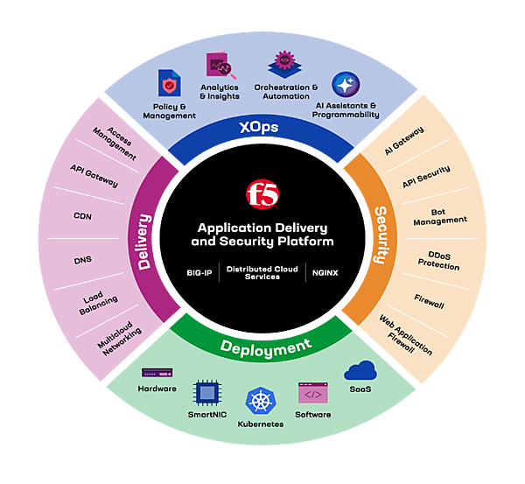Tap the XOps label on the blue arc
coord(259,129)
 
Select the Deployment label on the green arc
coord(264,347)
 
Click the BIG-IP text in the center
coord(201,272)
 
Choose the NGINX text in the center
coord(325,272)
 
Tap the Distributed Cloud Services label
coord(262,272)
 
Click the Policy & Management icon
coord(168,84)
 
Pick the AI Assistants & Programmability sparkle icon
coord(345,85)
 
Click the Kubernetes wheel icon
coord(261,402)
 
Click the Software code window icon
coord(312,393)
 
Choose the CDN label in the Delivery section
coord(83,216)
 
